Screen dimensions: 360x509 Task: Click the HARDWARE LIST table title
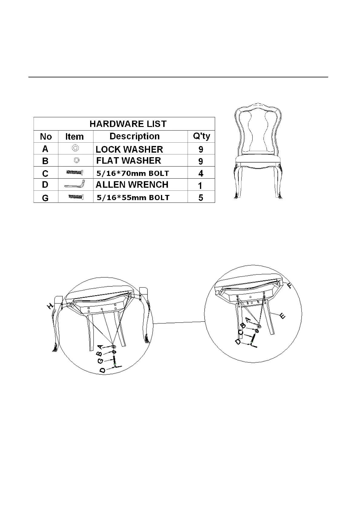click(x=128, y=124)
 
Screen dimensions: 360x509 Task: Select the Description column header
click(x=134, y=136)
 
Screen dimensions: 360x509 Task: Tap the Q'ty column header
click(x=201, y=136)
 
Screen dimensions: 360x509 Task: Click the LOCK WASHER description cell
click(x=129, y=149)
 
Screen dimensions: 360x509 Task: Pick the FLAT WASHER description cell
click(x=129, y=160)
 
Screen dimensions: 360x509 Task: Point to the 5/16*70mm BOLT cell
click(x=133, y=173)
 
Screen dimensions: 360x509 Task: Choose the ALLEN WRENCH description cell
click(x=132, y=185)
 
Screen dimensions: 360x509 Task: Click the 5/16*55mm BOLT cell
click(x=133, y=198)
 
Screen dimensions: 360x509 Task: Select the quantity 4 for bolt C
click(x=201, y=173)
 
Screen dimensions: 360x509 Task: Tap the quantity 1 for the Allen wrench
click(x=200, y=185)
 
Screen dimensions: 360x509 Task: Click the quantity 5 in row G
click(x=201, y=198)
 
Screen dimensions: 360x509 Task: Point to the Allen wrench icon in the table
click(x=75, y=184)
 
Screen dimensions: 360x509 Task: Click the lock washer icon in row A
click(x=75, y=148)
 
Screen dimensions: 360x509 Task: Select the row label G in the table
click(x=45, y=198)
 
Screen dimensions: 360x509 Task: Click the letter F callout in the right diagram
click(x=290, y=285)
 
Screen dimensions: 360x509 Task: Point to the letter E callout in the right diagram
click(x=282, y=316)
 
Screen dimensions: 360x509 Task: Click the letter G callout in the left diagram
click(x=101, y=361)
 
